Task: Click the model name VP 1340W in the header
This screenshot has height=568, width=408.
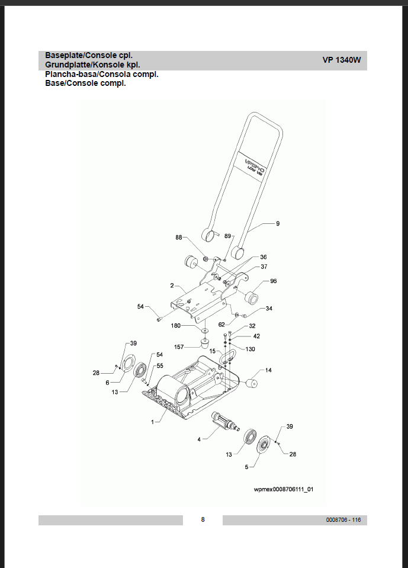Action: [x=341, y=60]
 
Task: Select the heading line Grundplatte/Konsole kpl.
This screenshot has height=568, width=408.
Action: [x=92, y=64]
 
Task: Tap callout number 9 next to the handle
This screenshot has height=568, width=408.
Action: [x=277, y=223]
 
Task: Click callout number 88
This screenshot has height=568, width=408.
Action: [x=179, y=238]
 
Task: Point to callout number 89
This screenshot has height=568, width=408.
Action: [x=227, y=236]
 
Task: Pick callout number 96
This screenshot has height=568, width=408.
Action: [x=273, y=281]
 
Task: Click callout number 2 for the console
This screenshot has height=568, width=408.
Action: [x=172, y=285]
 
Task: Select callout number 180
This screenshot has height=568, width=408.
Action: [x=176, y=326]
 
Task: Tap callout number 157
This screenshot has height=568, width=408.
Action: [x=178, y=346]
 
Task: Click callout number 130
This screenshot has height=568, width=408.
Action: [x=250, y=349]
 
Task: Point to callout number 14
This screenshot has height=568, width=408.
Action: [x=268, y=370]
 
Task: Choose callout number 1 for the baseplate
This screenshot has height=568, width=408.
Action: [x=152, y=422]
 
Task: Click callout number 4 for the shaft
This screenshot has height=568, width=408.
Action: [x=199, y=439]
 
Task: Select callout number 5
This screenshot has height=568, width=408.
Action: [x=246, y=467]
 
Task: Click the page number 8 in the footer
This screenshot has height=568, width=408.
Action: [x=203, y=520]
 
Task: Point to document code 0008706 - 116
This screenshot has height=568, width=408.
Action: [x=343, y=520]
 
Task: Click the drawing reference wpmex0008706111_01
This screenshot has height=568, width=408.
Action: [x=283, y=490]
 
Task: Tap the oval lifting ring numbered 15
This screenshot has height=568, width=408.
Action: [x=228, y=358]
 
